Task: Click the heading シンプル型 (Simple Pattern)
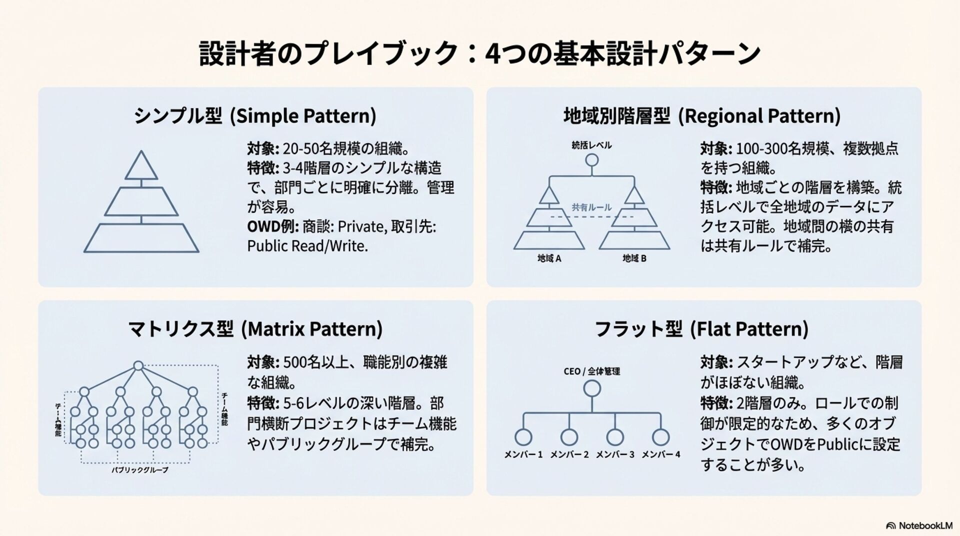[255, 116]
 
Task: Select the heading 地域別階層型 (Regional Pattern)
[702, 116]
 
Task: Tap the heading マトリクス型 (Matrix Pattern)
[255, 329]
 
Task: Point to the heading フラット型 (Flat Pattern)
[701, 329]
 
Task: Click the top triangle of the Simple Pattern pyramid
[141, 167]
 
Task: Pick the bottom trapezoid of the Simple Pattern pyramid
[141, 238]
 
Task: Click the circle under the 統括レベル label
[592, 160]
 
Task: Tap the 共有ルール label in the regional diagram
[591, 207]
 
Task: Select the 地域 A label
[549, 258]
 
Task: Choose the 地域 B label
[634, 258]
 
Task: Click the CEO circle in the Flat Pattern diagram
[592, 388]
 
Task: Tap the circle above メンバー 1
[523, 437]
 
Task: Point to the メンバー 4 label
[660, 454]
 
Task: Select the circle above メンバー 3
[615, 437]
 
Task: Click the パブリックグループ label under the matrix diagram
[139, 470]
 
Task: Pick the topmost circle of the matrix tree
[138, 365]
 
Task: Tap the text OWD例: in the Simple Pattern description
[272, 227]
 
